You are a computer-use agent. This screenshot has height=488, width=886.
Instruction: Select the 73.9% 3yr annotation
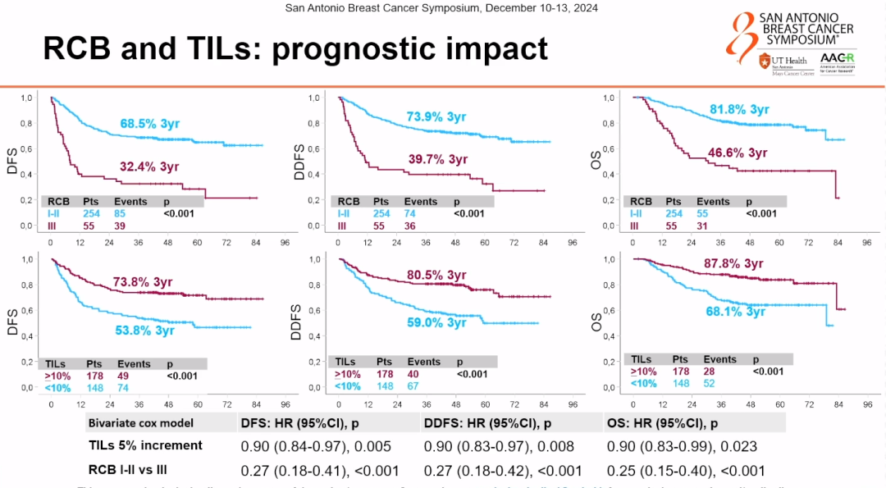tap(436, 116)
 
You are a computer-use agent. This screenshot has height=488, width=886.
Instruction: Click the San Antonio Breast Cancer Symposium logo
tap(792, 28)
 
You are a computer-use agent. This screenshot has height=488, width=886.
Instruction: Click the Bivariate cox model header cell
tap(140, 423)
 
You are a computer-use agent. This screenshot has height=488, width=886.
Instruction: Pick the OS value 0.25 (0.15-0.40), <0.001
tap(686, 470)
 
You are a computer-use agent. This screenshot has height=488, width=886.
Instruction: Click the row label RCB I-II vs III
tap(142, 470)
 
